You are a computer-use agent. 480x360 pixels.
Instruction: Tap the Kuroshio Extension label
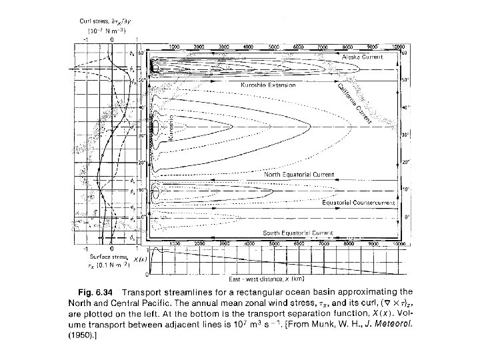click(x=269, y=86)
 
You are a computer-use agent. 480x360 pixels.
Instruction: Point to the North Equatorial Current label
click(x=300, y=174)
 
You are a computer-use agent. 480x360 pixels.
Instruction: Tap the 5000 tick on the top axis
click(x=272, y=47)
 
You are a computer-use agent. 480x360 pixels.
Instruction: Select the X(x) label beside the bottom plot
click(x=139, y=259)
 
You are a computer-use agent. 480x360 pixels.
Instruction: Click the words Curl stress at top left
click(x=95, y=22)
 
